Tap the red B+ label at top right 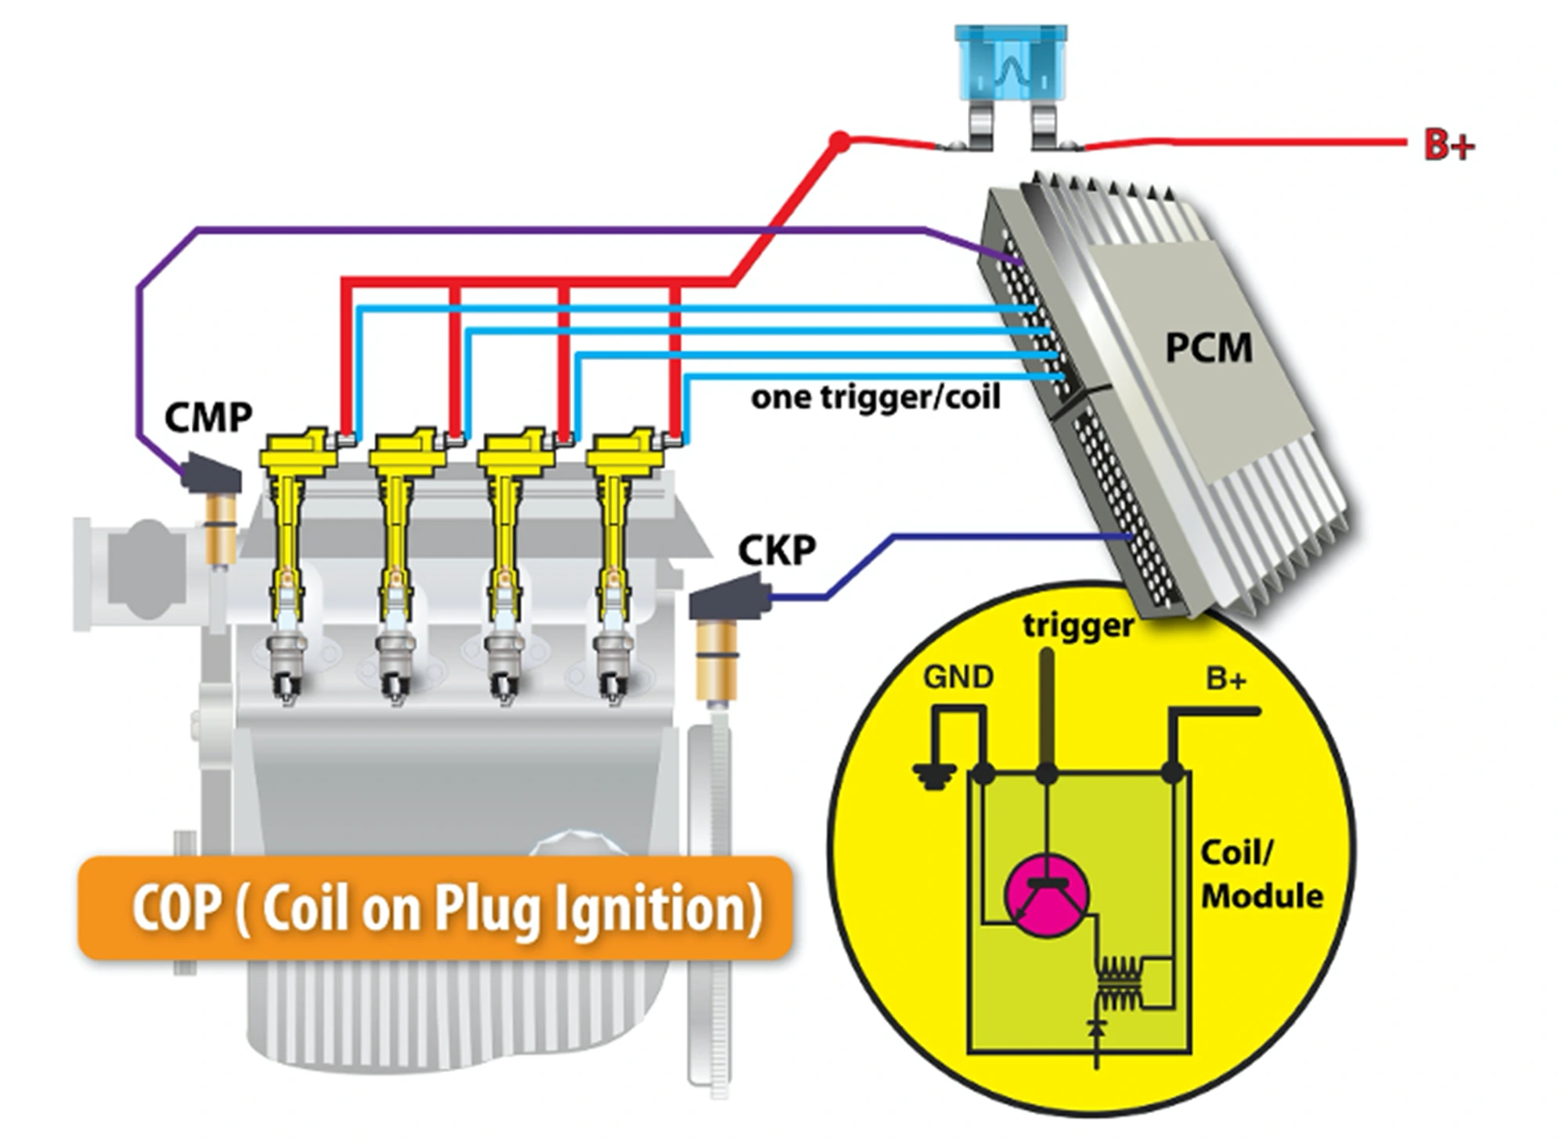(x=1449, y=146)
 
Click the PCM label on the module (x=1208, y=348)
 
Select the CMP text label (x=208, y=417)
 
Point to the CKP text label (x=777, y=550)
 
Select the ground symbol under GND (x=934, y=777)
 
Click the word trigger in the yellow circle (x=1077, y=626)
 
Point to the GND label (x=958, y=677)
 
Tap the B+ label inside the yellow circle (x=1226, y=679)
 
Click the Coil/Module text (x=1261, y=874)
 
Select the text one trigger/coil (x=875, y=398)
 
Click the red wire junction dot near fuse (x=839, y=142)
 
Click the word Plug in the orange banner (x=485, y=908)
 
